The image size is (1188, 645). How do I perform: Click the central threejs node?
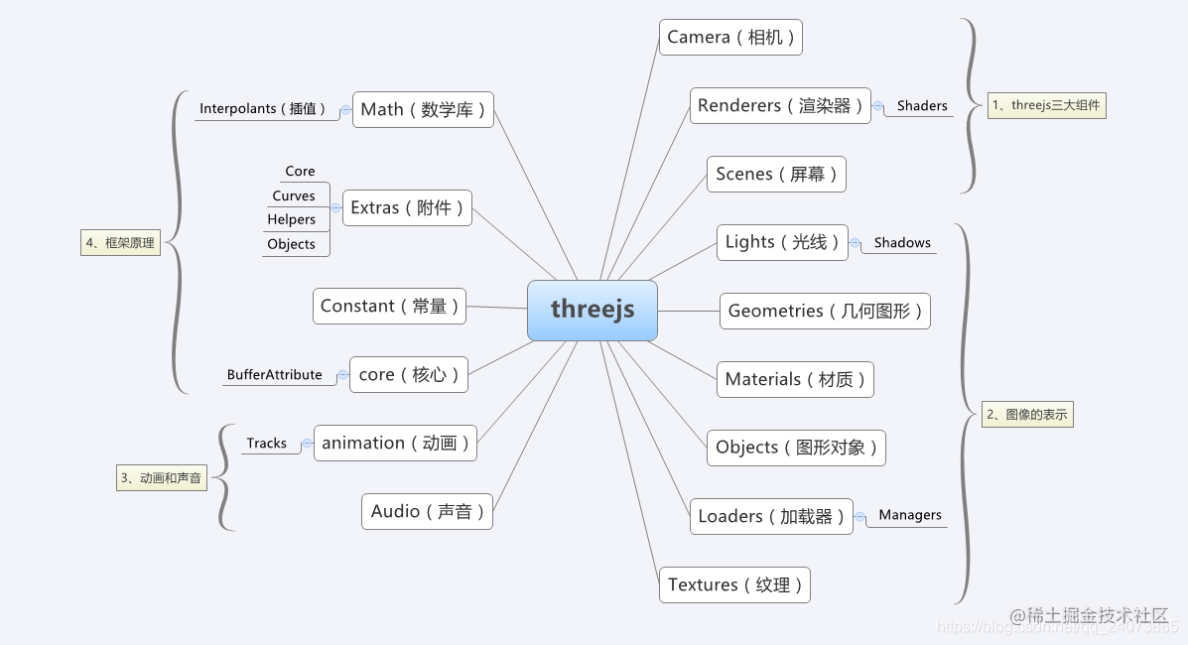click(593, 310)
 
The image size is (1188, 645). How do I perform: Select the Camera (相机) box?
click(730, 37)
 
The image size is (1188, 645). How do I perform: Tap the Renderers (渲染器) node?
click(780, 105)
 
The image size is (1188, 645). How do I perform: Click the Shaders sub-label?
click(922, 106)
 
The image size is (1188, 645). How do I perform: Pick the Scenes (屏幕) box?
click(776, 175)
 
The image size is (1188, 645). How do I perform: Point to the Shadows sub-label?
click(902, 242)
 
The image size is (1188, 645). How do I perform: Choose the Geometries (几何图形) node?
click(825, 311)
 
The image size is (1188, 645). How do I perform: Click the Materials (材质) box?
click(796, 379)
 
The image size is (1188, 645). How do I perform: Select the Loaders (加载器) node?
click(771, 516)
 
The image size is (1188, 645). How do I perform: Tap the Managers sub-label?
click(910, 515)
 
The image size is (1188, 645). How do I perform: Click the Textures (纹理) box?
click(734, 585)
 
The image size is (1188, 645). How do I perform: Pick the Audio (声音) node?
click(428, 512)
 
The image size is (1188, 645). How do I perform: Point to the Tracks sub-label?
click(267, 444)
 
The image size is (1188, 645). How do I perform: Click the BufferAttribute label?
click(274, 374)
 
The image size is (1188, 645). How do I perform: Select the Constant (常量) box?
click(389, 307)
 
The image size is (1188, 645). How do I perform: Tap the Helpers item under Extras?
click(292, 220)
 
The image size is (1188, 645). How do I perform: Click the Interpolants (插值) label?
click(263, 108)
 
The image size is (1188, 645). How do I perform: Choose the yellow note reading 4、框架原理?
click(120, 243)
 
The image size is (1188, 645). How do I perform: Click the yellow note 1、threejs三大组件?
click(1046, 105)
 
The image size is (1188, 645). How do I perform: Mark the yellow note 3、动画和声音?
click(162, 478)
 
